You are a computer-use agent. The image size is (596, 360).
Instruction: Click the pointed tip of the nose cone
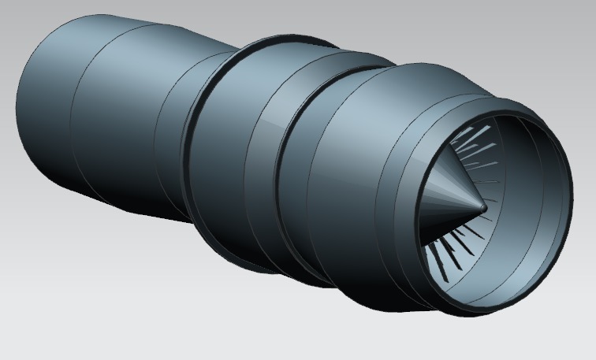point(484,207)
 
